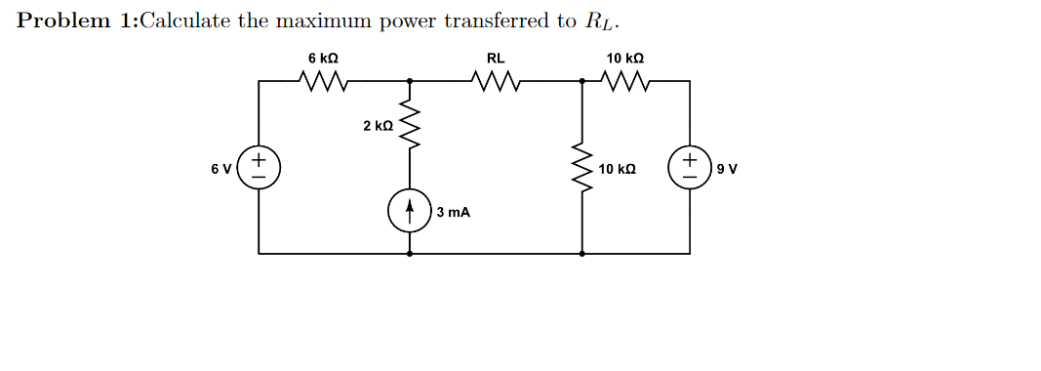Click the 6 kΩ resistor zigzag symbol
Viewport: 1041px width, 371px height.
point(323,80)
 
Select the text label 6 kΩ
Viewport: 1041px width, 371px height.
point(323,59)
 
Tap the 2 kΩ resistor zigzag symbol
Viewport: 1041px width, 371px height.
point(409,126)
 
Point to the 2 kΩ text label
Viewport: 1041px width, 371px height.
point(378,126)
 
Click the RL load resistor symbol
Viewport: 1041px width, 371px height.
point(496,80)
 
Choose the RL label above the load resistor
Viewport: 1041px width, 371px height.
point(496,59)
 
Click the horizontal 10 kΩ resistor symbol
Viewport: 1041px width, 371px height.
point(625,80)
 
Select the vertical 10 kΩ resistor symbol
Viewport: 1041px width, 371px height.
point(582,170)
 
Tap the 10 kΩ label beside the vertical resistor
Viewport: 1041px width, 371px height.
point(618,170)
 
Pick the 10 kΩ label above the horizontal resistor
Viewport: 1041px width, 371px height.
point(625,59)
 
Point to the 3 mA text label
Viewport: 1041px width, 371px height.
point(454,212)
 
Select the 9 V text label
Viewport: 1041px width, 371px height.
point(727,169)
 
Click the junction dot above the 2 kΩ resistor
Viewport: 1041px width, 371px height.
point(409,81)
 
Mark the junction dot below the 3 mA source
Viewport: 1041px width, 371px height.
point(409,253)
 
